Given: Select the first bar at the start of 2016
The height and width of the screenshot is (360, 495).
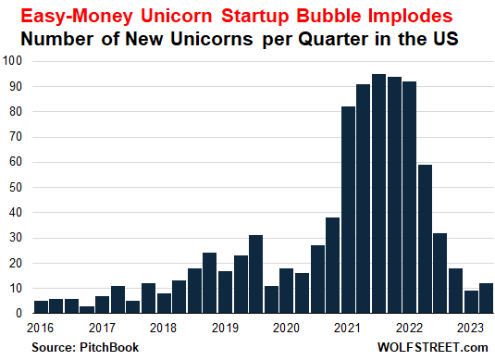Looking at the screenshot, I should click(41, 306).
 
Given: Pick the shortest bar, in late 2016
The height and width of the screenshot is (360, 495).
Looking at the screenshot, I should click(87, 309).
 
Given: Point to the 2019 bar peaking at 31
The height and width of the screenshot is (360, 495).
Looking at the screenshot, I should click(255, 274).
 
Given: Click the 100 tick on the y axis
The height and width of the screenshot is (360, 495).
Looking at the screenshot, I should click(15, 61).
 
